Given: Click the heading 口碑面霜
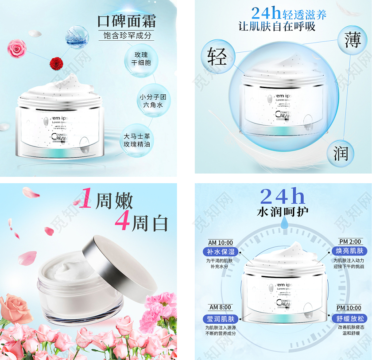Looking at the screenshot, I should tap(127, 21).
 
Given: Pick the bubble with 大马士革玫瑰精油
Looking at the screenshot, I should tap(137, 140).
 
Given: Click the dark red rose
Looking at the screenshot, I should tap(55, 63).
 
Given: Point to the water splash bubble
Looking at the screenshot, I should tap(76, 36).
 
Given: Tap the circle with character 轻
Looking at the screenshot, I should tap(217, 56).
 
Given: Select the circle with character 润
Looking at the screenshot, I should tap(341, 154).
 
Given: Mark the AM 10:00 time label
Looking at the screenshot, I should tap(221, 242).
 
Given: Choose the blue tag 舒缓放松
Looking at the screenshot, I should tap(349, 318).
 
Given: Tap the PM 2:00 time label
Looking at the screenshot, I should tap(350, 242).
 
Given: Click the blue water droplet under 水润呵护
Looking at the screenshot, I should tap(283, 226).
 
